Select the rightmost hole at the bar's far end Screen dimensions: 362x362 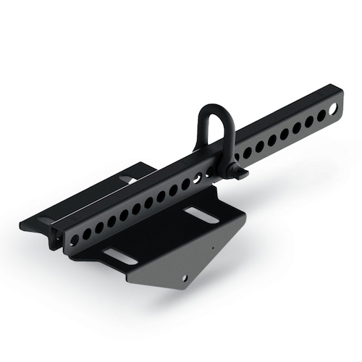click(x=332, y=110)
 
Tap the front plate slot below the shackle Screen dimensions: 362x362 click(x=197, y=214)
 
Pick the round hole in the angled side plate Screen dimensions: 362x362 click(x=185, y=277)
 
